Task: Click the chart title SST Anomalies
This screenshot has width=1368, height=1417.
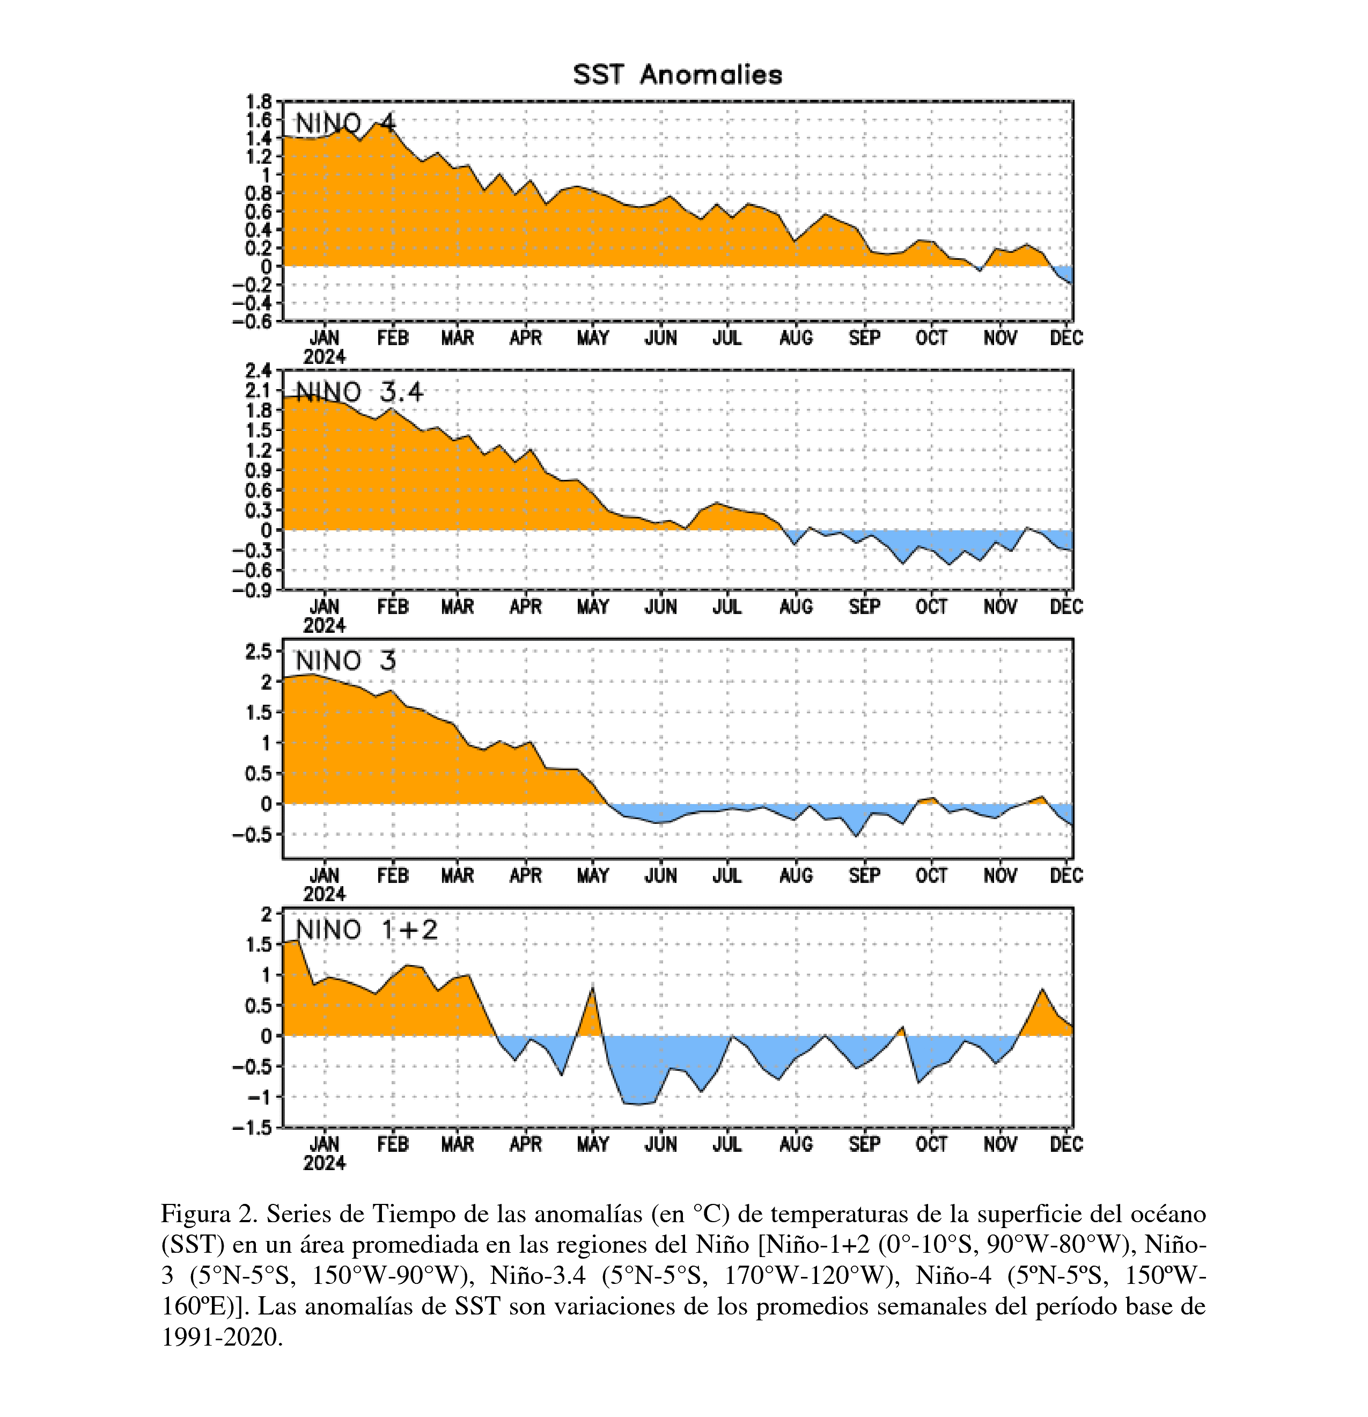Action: coord(677,75)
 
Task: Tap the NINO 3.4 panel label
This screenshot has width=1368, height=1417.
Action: coord(359,392)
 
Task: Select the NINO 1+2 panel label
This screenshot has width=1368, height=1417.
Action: coord(366,929)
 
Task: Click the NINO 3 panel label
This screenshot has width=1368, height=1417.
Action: coord(346,661)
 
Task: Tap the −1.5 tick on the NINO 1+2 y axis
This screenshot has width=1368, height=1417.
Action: coord(253,1128)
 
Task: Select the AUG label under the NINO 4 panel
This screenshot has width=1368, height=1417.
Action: coord(796,338)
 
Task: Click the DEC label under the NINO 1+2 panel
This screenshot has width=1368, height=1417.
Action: coord(1067,1144)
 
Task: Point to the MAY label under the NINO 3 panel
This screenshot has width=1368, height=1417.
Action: coord(593,875)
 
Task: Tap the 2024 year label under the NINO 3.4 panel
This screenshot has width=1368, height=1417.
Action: coord(325,625)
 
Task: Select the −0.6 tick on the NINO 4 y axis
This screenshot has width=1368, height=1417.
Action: coord(253,321)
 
